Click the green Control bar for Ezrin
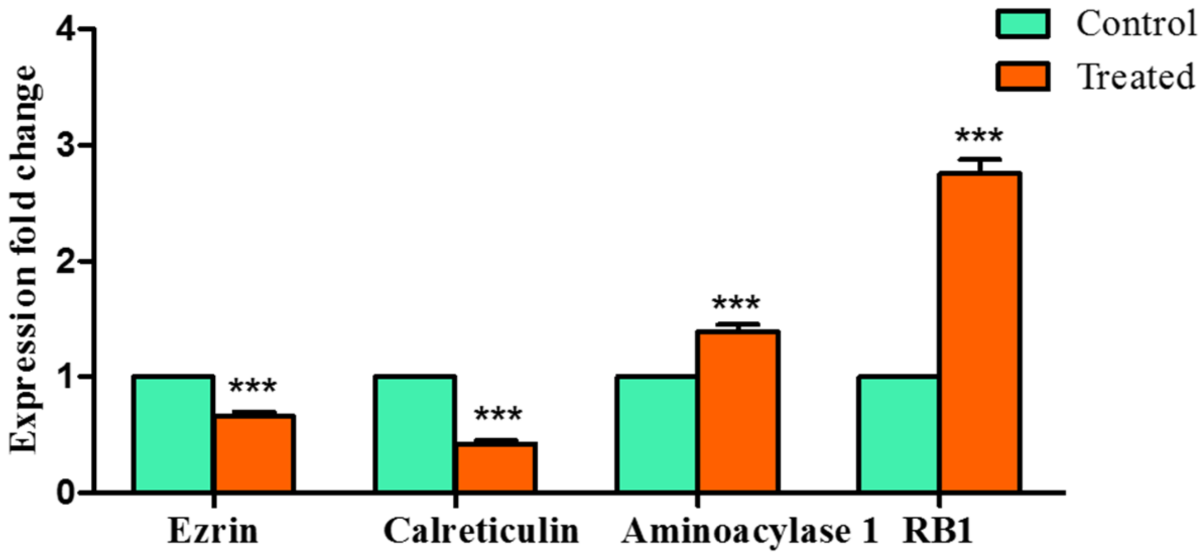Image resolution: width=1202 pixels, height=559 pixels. point(173,434)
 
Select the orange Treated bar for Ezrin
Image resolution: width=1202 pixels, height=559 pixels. point(255,453)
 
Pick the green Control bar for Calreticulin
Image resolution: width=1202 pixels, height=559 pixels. point(415,434)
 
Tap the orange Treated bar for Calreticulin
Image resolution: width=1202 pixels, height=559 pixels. point(496,467)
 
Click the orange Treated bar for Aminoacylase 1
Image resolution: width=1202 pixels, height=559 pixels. point(738,411)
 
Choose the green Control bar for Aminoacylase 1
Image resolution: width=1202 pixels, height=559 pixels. point(656,434)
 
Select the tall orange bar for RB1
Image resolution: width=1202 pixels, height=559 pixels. point(979,332)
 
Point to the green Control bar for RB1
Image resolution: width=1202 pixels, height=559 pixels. point(898,434)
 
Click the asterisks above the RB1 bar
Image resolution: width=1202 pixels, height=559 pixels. point(979,135)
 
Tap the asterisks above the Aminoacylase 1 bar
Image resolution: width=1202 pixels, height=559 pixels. point(736,303)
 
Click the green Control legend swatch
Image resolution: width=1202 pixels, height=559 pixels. point(1023,24)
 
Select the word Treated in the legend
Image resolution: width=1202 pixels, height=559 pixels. point(1135,77)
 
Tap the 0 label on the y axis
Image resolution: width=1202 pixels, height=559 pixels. point(66,493)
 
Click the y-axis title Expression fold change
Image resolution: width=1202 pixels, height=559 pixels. point(24,259)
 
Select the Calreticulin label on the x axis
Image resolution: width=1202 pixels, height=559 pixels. point(481,531)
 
